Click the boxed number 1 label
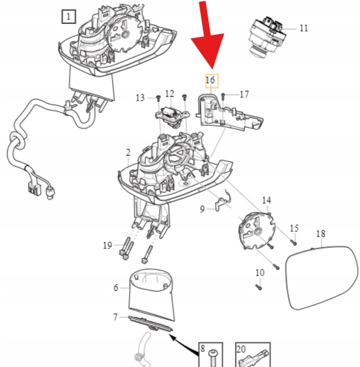tap(68, 16)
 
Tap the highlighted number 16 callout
tap(212, 81)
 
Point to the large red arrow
tap(208, 35)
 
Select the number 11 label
tap(303, 28)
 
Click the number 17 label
tap(244, 94)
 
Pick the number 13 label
tap(140, 98)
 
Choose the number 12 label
tap(169, 94)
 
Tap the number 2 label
tap(128, 152)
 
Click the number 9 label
tap(202, 208)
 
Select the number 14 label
tap(266, 200)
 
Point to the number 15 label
tap(294, 228)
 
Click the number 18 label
tap(320, 234)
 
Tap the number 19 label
tap(108, 245)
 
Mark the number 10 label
tap(260, 273)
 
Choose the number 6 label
tap(116, 288)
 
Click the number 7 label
tap(115, 317)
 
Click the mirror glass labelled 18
tap(322, 277)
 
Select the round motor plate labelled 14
tap(256, 231)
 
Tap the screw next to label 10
tap(259, 287)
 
